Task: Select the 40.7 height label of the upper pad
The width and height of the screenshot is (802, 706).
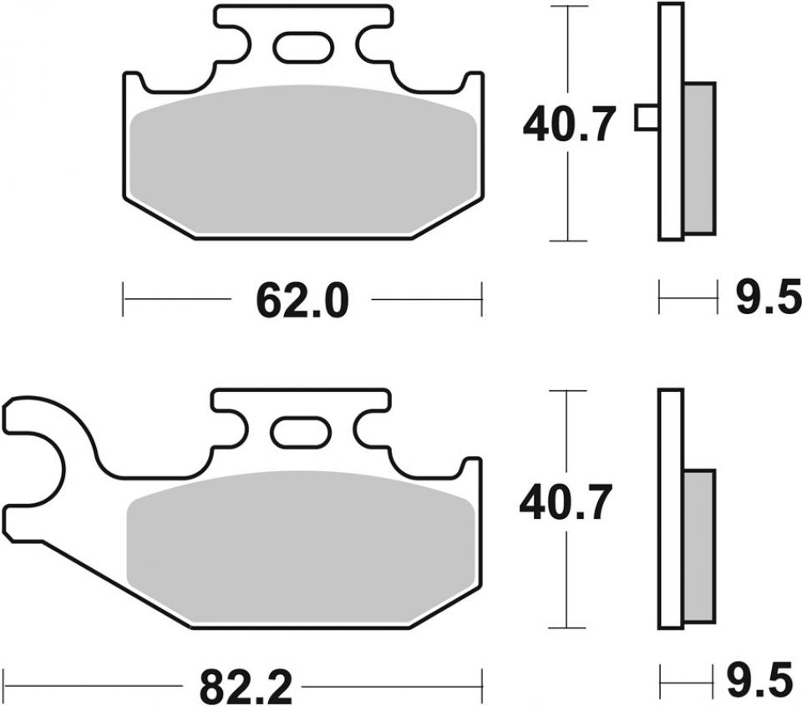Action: tap(570, 125)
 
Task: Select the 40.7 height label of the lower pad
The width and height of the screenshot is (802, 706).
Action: tap(567, 505)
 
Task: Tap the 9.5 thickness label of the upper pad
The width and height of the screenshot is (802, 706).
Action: tap(768, 298)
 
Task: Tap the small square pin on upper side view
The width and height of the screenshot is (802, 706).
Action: tap(646, 118)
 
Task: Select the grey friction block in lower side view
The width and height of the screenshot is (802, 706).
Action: tap(700, 546)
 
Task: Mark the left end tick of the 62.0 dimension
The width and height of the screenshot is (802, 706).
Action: tap(123, 299)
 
